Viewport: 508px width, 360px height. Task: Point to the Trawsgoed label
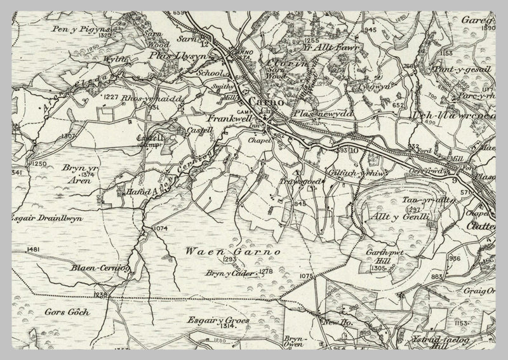(297, 181)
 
